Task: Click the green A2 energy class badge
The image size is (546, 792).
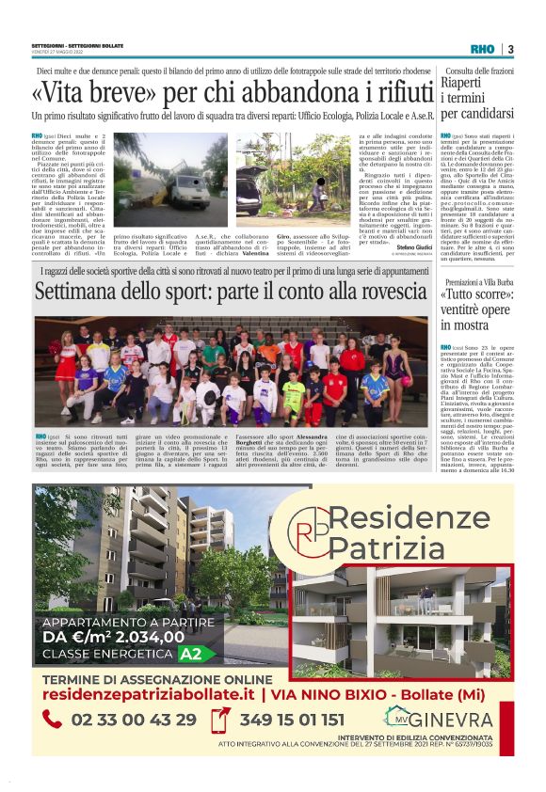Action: [191, 653]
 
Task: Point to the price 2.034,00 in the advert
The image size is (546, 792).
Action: [136, 636]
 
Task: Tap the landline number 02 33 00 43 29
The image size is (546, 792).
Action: [134, 721]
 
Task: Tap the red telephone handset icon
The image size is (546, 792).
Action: [54, 721]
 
